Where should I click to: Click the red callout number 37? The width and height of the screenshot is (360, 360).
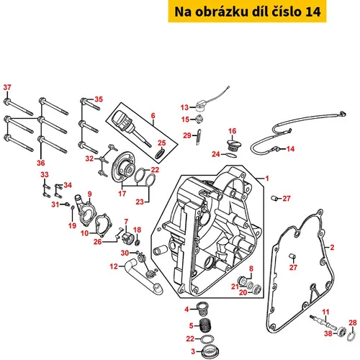(7, 87)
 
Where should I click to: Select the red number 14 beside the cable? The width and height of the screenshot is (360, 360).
(290, 149)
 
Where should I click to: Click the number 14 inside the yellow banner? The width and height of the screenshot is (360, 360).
(312, 12)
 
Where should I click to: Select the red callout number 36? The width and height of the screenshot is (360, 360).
(41, 163)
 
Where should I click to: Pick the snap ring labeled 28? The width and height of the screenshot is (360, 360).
(351, 336)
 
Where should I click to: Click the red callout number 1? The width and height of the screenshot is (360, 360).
(267, 179)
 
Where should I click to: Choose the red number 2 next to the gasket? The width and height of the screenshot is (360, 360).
(332, 248)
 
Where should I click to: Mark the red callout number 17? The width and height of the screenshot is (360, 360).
(122, 194)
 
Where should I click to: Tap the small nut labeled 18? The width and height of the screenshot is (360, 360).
(138, 243)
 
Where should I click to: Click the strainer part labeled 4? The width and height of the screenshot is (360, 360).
(202, 309)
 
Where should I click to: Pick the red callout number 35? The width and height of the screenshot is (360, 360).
(99, 99)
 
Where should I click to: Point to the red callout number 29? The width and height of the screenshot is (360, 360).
(187, 135)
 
